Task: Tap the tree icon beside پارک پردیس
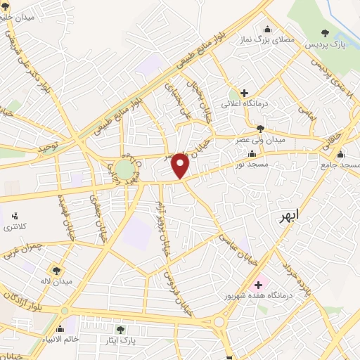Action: pyautogui.click(x=325, y=32)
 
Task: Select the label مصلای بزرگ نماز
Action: pyautogui.click(x=268, y=41)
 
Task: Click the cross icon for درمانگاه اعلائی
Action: pyautogui.click(x=244, y=93)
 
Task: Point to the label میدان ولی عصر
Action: pyautogui.click(x=261, y=139)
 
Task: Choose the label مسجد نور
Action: pyautogui.click(x=252, y=164)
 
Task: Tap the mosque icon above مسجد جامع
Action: pyautogui.click(x=342, y=154)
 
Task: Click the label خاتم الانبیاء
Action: pyautogui.click(x=70, y=340)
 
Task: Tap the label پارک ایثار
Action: pyautogui.click(x=120, y=340)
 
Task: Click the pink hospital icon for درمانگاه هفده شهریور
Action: pyautogui.click(x=258, y=285)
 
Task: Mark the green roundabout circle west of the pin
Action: pyautogui.click(x=124, y=169)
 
